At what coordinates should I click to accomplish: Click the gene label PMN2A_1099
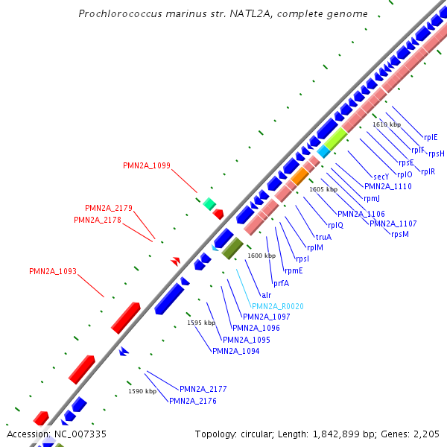147,165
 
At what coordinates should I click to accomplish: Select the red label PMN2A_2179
109,208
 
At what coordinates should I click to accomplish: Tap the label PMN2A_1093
53,271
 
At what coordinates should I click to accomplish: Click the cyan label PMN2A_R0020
278,306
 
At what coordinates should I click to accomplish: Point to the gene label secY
381,176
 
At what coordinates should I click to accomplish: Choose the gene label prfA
281,283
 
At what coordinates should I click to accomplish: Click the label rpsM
400,234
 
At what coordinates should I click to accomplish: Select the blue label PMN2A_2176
193,401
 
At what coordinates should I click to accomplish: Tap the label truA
323,237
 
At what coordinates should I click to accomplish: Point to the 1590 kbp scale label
142,391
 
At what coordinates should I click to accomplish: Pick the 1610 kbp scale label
387,124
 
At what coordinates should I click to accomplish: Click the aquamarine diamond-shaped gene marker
209,203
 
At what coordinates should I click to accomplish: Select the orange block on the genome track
299,177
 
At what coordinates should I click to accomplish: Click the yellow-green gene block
335,137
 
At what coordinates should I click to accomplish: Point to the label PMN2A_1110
388,186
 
